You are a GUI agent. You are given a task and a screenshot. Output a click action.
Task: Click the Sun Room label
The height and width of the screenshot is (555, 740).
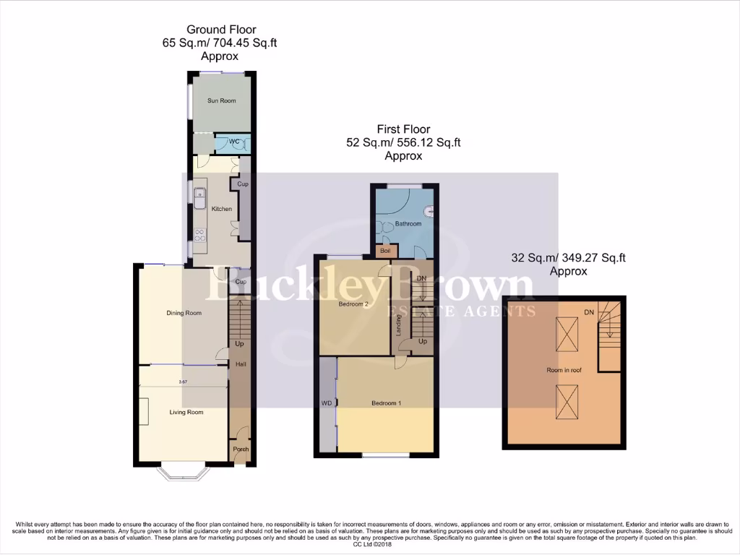tap(222, 100)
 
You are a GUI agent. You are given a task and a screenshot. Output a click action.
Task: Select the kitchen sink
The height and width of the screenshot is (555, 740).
tap(200, 197)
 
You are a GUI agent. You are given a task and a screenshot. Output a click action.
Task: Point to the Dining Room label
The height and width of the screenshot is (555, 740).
tap(184, 313)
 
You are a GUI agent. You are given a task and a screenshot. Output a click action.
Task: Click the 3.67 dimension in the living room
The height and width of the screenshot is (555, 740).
tap(183, 382)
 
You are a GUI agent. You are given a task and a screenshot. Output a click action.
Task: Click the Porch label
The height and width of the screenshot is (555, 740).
tap(241, 449)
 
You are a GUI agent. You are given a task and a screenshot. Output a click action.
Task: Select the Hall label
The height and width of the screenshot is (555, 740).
tap(241, 364)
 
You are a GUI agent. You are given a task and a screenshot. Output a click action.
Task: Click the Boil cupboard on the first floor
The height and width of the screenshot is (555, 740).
tap(384, 251)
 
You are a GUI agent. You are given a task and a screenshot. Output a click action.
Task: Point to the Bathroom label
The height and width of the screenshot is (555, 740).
tap(408, 224)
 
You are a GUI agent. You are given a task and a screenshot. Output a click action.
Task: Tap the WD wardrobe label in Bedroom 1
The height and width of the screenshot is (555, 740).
tap(326, 403)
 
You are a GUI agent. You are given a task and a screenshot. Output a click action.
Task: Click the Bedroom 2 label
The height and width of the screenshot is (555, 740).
tap(354, 304)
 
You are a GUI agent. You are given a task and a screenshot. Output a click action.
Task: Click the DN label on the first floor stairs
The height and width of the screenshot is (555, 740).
tap(421, 278)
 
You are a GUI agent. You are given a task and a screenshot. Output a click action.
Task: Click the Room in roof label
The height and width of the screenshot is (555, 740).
tap(564, 370)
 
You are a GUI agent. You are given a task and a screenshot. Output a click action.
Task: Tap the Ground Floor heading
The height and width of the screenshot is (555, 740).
tap(221, 30)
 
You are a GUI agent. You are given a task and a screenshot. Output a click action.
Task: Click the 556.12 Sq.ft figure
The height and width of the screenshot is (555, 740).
tap(428, 143)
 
